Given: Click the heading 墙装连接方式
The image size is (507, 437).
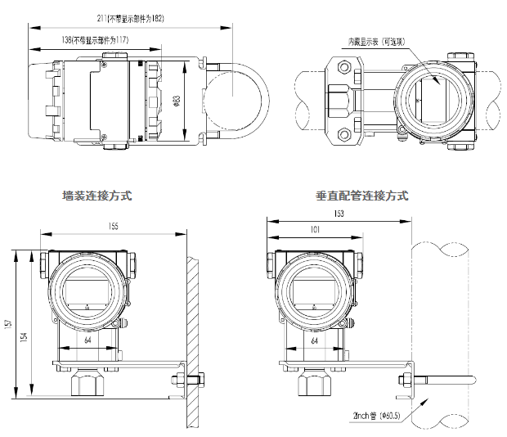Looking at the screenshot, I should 96,196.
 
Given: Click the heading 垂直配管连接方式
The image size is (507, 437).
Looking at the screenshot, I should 361,196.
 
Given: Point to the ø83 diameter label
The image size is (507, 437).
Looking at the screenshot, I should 178,101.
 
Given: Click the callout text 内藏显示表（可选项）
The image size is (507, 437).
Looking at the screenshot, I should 384,40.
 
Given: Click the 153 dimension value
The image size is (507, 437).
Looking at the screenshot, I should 339,214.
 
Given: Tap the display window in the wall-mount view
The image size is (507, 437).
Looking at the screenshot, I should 87,290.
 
